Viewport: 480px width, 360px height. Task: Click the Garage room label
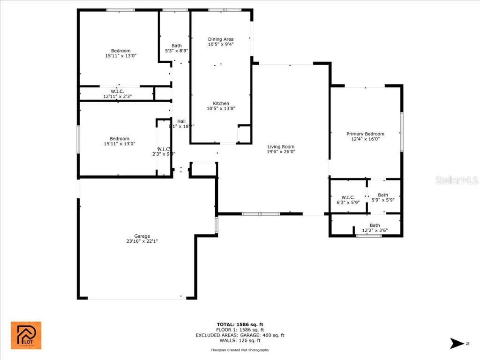(142, 236)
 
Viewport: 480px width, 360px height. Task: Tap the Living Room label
(281, 146)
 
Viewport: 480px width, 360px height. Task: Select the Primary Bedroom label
(365, 134)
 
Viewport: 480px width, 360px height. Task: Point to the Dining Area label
(220, 39)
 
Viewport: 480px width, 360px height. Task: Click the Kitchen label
(221, 103)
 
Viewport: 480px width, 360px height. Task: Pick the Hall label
(181, 121)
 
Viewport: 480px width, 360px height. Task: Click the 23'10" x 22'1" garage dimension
(142, 241)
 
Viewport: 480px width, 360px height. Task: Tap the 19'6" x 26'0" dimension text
(281, 151)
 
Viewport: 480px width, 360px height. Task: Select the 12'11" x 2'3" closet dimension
(117, 96)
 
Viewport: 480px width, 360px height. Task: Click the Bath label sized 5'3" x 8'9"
(176, 45)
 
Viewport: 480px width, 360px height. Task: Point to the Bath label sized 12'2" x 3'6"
(375, 225)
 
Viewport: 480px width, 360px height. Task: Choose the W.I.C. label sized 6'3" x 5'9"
(348, 197)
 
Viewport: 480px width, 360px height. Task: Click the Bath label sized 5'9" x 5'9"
(383, 195)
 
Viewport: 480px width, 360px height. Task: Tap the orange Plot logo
(26, 335)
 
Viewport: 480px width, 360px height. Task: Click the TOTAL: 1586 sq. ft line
(240, 324)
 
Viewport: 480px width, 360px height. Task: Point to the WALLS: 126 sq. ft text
(240, 341)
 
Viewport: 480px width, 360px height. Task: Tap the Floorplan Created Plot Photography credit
(240, 350)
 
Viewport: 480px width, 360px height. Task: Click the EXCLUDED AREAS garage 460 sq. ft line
(240, 335)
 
